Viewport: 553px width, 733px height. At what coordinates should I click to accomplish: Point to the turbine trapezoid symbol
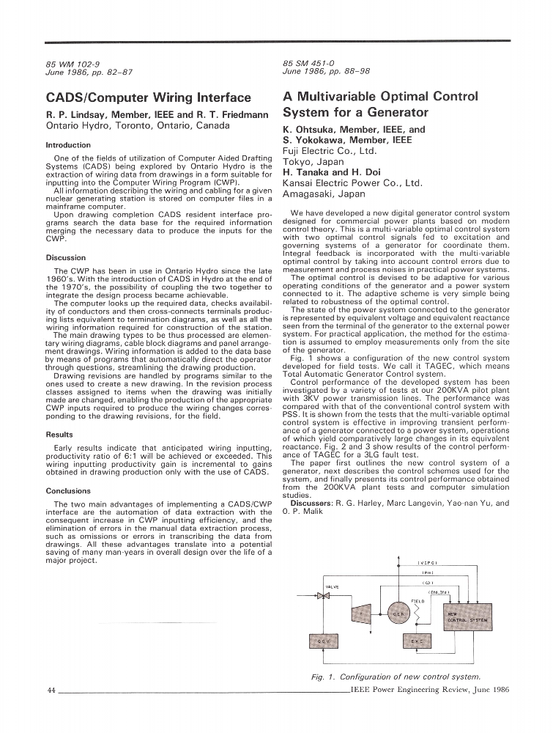click(361, 612)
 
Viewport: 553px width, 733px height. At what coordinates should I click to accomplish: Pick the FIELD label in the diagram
click(418, 600)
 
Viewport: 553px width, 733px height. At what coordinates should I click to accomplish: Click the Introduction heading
click(68, 145)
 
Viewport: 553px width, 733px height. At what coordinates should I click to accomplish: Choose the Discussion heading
click(66, 258)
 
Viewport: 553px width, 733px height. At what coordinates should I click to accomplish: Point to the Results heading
click(59, 435)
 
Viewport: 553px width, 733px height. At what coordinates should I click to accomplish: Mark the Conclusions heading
click(68, 491)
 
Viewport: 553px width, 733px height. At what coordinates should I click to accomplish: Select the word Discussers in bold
click(312, 504)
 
